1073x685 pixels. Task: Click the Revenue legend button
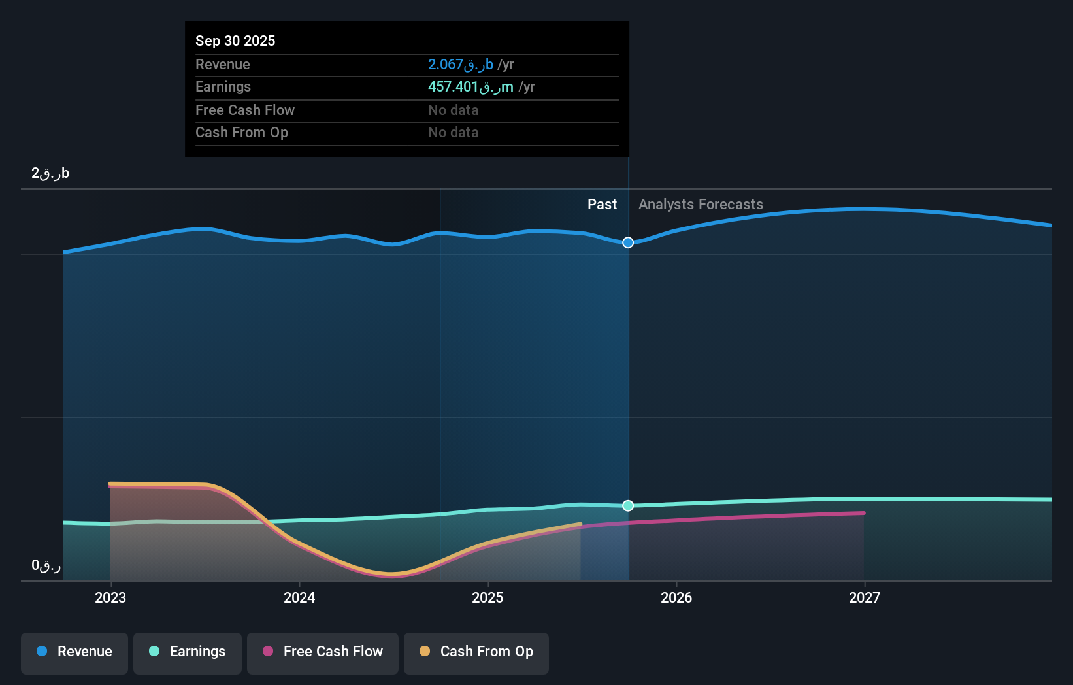[74, 652]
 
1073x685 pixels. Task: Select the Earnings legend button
[188, 652]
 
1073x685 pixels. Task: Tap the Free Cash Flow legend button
[323, 652]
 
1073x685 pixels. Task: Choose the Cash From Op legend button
[476, 652]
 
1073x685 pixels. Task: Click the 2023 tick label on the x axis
[110, 597]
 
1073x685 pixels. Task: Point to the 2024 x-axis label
[299, 597]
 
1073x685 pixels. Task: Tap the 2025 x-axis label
[487, 597]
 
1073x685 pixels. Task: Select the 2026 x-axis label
[676, 597]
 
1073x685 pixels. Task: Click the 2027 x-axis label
[865, 597]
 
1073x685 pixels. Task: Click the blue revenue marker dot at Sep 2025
[628, 242]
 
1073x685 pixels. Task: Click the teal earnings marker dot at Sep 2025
[628, 505]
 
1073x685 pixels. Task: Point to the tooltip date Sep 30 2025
[235, 41]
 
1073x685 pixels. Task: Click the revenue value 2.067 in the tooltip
[460, 64]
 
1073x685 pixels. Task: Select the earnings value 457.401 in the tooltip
[470, 86]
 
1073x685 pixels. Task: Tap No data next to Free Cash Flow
[453, 110]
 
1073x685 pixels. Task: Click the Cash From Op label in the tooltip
[242, 132]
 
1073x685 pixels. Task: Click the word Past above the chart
[602, 204]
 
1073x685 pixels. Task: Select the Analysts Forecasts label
[701, 204]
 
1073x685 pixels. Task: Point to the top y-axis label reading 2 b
[50, 173]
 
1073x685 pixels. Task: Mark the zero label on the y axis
[46, 565]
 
